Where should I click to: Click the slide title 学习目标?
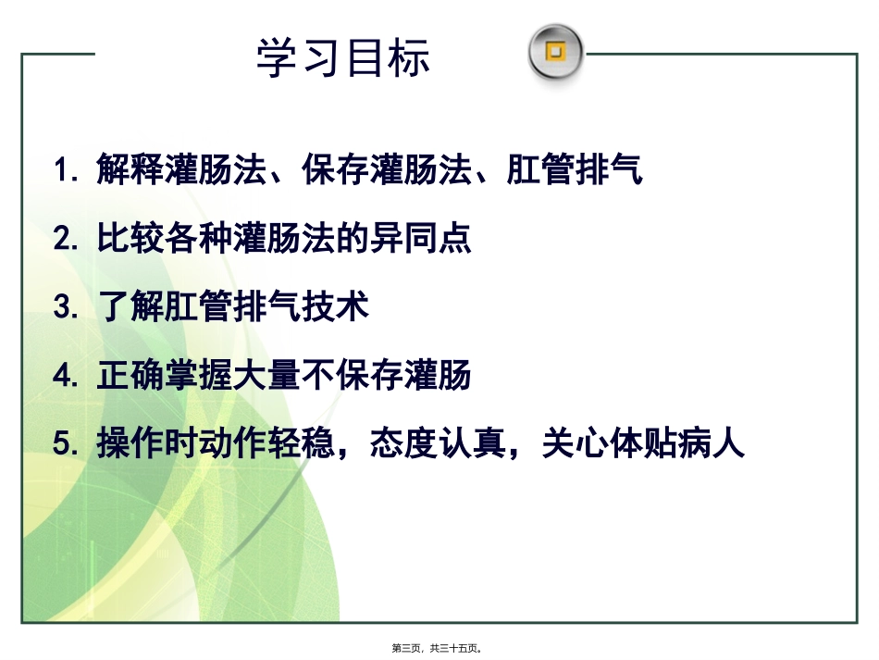coord(343,57)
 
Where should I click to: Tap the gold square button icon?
coord(555,52)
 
